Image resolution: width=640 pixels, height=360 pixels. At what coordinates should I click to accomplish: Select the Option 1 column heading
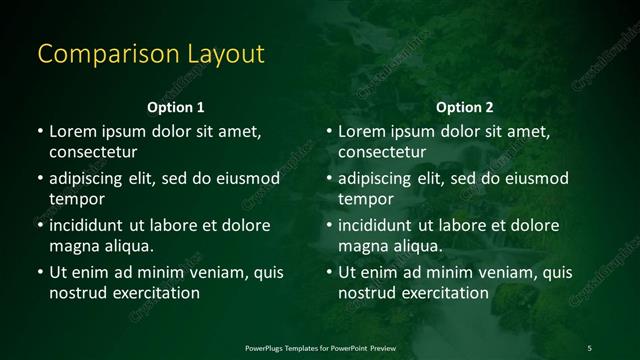(x=176, y=107)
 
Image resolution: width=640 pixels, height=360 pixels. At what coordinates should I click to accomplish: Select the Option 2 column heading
(x=465, y=107)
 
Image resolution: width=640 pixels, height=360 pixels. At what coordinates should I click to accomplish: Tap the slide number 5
(x=589, y=347)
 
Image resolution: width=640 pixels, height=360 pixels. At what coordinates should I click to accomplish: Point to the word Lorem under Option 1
(x=73, y=131)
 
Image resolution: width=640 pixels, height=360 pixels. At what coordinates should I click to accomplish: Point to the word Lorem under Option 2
(x=362, y=131)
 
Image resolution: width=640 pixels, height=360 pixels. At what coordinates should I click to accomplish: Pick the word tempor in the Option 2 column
(x=366, y=199)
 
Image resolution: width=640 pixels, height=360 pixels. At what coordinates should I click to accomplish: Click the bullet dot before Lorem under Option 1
(x=40, y=131)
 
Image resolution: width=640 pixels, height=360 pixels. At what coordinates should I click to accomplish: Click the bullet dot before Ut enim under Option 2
(x=329, y=272)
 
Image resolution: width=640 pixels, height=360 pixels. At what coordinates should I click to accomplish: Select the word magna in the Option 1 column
(x=74, y=246)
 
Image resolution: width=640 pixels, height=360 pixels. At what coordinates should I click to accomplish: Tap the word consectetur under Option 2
(x=383, y=152)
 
